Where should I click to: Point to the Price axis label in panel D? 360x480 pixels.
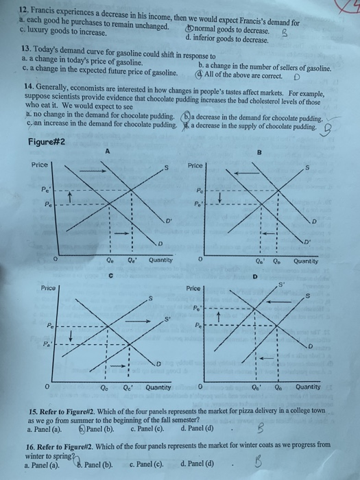tap(195, 290)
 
